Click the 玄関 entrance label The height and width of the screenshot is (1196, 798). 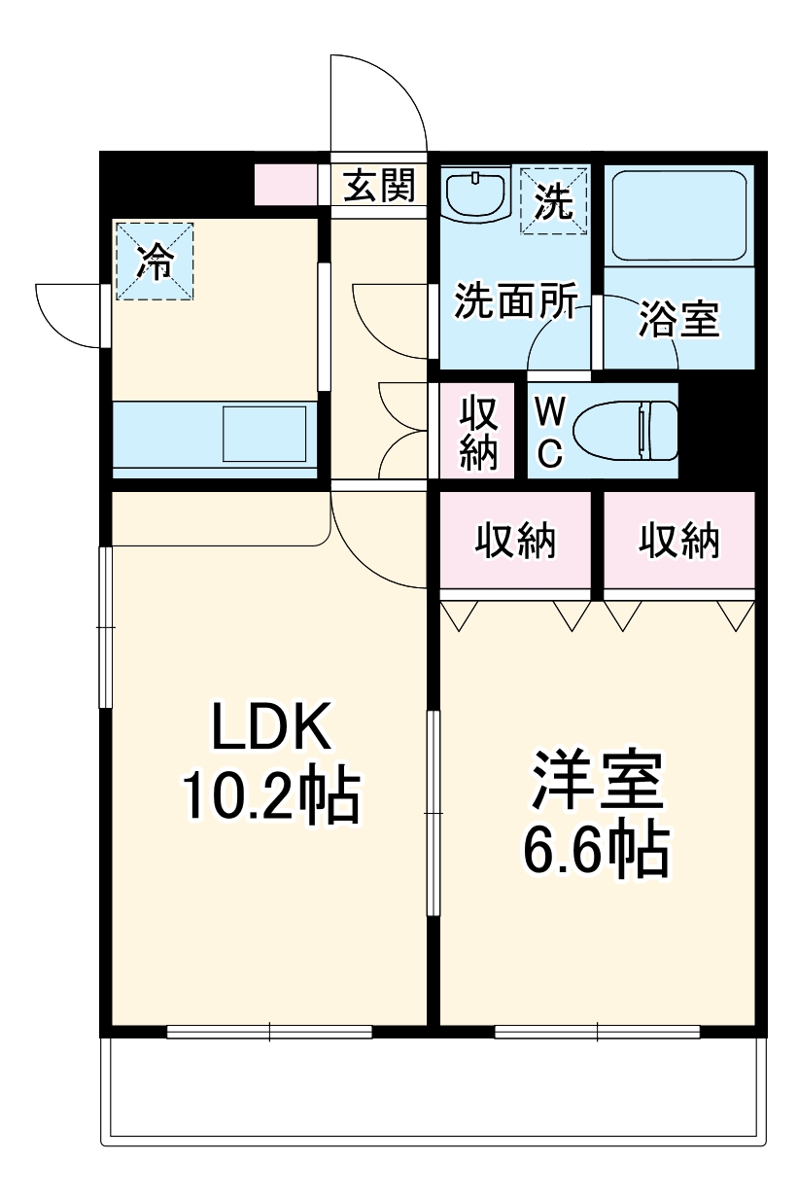point(379,185)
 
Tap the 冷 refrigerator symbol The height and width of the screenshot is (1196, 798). point(156,261)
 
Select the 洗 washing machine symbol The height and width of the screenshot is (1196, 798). point(554,201)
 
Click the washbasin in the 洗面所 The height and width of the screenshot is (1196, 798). point(477,194)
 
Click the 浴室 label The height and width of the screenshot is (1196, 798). point(678,319)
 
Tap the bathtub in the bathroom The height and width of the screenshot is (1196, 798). point(679,216)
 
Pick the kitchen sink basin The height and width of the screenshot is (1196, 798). point(264,434)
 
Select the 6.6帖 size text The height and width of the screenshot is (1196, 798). point(596,851)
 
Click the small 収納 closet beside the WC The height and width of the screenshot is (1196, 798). point(478,432)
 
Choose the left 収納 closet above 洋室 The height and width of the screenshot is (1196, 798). point(515,542)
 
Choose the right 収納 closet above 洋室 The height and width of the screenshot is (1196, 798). point(679,542)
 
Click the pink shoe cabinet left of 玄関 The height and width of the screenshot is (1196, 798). point(286,185)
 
